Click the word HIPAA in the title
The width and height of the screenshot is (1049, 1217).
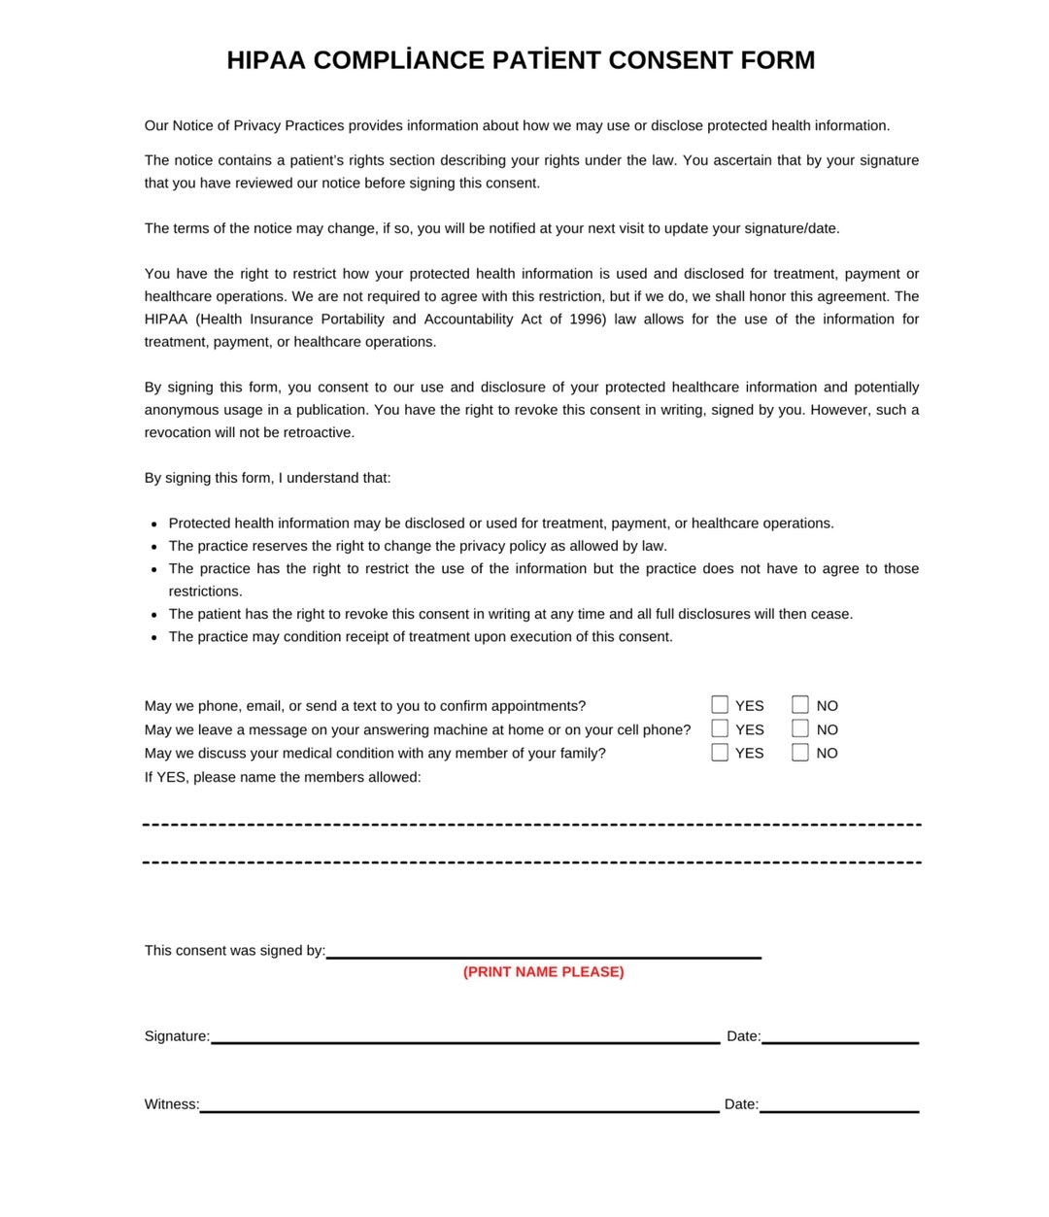point(266,60)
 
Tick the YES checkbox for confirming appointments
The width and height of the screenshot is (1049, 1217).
point(720,704)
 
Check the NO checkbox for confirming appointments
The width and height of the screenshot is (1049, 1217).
point(800,704)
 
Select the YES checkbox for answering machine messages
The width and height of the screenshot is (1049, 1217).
point(720,728)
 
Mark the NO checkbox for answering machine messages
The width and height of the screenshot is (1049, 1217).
point(800,728)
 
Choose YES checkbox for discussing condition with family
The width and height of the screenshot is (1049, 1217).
point(720,752)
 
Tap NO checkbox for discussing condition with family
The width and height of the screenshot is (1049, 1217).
point(800,752)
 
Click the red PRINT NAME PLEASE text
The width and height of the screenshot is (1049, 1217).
point(543,971)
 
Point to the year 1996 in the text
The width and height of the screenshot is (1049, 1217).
point(587,319)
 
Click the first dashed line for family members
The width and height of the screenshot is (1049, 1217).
point(531,825)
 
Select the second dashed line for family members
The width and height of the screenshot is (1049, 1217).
point(531,862)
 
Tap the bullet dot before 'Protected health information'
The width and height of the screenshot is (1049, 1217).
point(154,524)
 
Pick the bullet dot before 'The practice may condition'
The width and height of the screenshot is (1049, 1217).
point(154,637)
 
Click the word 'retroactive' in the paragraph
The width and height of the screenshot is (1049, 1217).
point(318,432)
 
